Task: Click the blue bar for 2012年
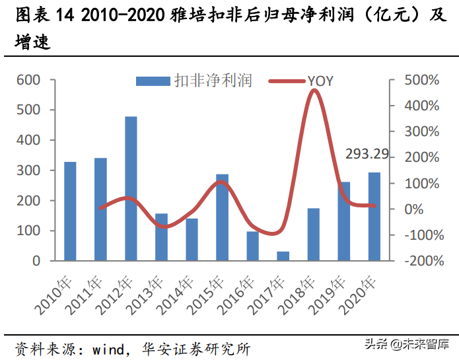[x=131, y=188]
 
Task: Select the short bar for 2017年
[x=283, y=256]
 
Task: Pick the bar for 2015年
[x=222, y=217]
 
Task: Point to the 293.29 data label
[x=367, y=155]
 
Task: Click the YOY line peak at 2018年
[x=314, y=90]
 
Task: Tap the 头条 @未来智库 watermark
[x=407, y=343]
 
